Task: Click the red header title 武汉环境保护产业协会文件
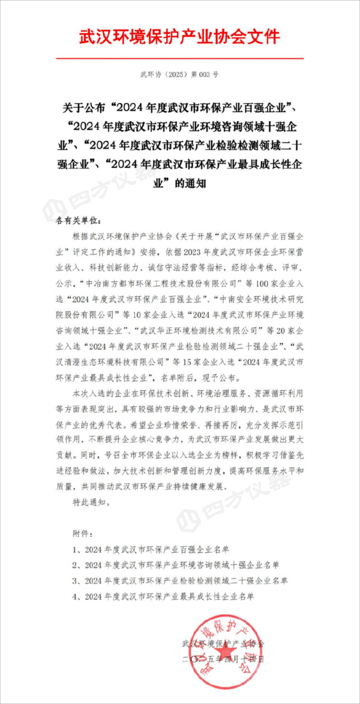[x=180, y=37]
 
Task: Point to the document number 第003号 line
[x=180, y=75]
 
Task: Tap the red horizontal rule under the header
[x=180, y=58]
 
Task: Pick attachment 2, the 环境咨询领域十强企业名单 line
[x=174, y=565]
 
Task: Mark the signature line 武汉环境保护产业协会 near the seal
[x=222, y=643]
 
